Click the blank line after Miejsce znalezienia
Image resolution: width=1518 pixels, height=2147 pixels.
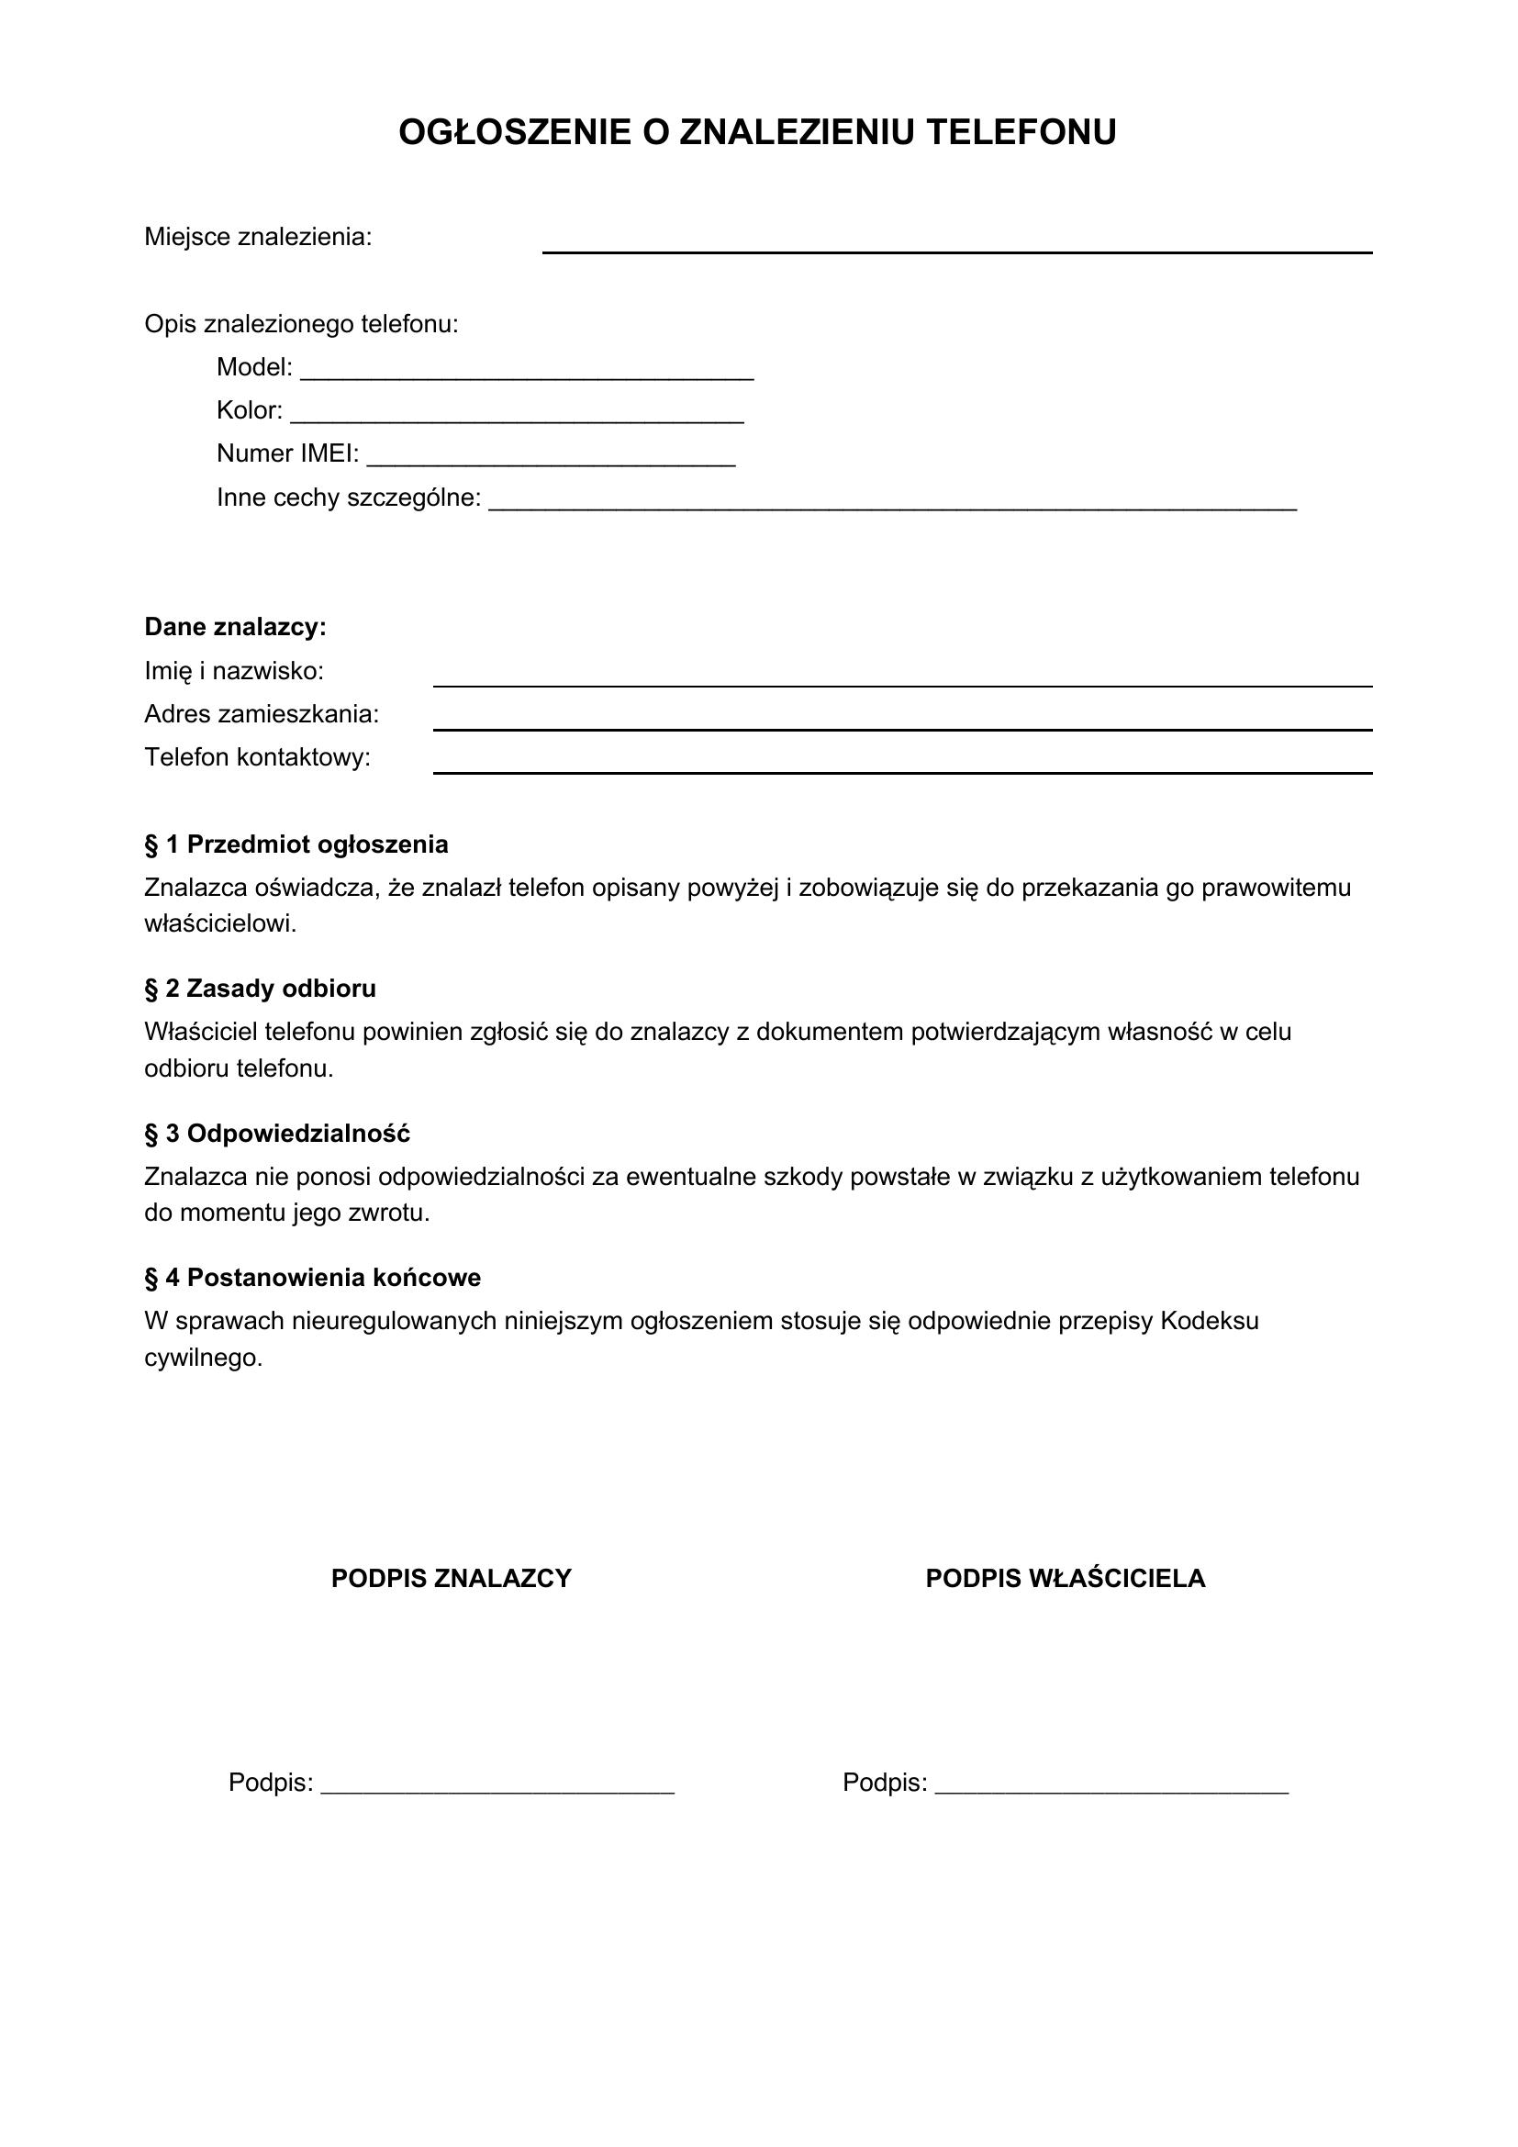(x=956, y=251)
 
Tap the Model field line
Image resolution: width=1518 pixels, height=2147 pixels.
(x=526, y=377)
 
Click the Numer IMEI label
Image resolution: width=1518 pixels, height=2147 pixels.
(x=287, y=453)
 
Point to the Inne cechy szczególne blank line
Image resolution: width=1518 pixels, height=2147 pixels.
(x=893, y=507)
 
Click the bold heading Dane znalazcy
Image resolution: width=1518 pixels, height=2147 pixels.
(x=236, y=627)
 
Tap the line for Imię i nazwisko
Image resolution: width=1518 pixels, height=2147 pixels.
(x=902, y=686)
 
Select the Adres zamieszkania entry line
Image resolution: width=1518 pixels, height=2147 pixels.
(x=902, y=729)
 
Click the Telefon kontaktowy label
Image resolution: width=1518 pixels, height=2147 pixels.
(x=257, y=756)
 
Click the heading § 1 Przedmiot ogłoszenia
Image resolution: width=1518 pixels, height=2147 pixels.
(x=296, y=844)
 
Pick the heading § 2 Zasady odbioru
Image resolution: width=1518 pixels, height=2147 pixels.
(x=260, y=989)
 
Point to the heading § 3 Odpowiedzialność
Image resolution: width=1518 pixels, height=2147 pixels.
(x=276, y=1134)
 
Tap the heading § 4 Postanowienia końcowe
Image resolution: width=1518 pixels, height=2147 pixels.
(x=312, y=1278)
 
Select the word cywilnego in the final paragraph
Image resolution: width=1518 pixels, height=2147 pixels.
(x=203, y=1358)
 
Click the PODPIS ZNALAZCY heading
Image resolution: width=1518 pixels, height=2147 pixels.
(x=451, y=1579)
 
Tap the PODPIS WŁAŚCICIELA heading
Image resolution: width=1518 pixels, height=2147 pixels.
(x=1065, y=1579)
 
